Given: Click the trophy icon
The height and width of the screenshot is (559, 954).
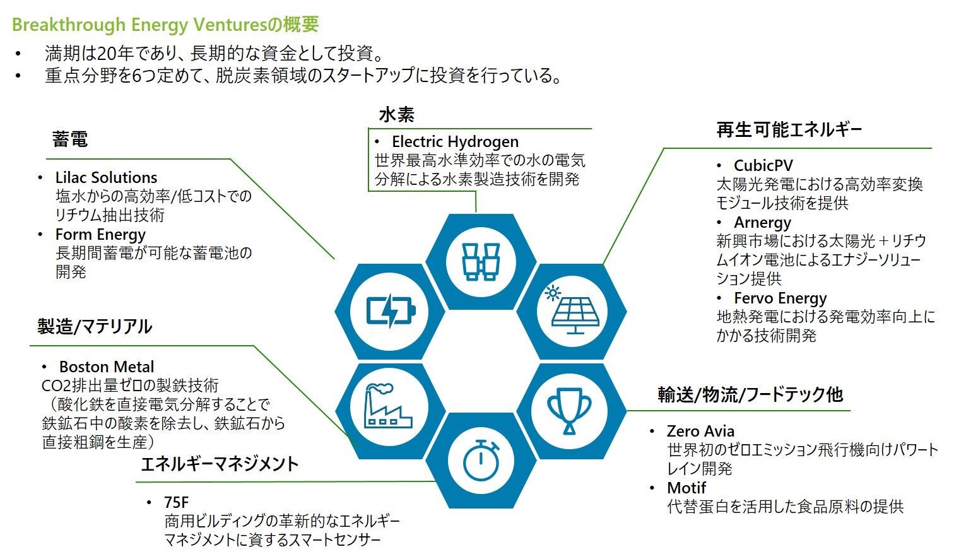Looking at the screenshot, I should tap(570, 410).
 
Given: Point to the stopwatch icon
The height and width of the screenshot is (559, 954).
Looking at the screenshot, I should tap(481, 459).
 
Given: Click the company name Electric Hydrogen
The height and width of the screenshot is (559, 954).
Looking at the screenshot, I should tap(455, 142).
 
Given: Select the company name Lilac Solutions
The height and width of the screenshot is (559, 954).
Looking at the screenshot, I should tap(106, 178).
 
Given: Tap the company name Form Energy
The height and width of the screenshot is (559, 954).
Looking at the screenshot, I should tap(100, 235).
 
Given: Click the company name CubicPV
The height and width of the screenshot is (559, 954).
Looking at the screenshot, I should tap(763, 166).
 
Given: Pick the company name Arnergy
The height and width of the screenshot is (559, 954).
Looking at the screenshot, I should tap(762, 223).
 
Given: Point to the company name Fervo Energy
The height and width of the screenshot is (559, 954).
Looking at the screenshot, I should tap(780, 298).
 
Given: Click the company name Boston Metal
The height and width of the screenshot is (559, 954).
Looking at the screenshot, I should tap(106, 367).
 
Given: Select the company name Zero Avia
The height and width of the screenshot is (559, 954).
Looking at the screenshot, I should tap(700, 432).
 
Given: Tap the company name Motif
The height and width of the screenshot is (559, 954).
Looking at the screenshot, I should tap(686, 488).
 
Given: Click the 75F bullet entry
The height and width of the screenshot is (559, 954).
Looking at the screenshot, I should tap(176, 503).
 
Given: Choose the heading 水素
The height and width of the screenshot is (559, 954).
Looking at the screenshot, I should tap(396, 115).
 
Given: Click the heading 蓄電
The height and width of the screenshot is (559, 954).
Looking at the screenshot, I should tap(70, 139).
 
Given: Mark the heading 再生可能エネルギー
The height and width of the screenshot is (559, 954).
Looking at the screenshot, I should tap(789, 131).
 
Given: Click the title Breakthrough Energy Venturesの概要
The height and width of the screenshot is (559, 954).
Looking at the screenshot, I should tap(165, 25).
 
